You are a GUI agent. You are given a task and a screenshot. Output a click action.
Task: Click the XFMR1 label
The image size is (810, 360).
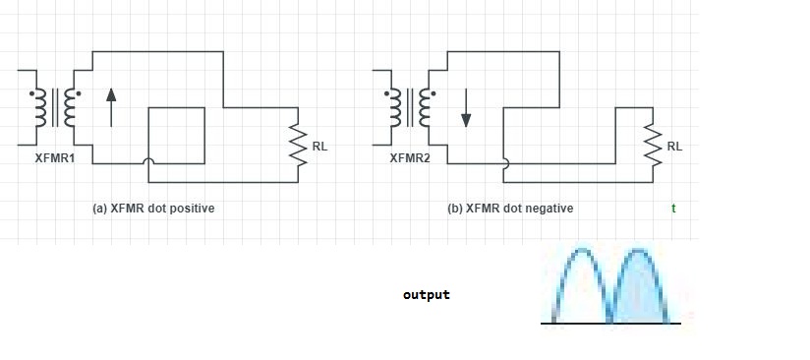click(55, 158)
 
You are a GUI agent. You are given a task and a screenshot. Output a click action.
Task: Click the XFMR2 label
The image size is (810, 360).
click(410, 158)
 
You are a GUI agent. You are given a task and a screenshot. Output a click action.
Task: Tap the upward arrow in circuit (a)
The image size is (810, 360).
click(111, 107)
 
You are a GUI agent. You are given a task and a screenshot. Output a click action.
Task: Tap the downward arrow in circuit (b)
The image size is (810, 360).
click(466, 107)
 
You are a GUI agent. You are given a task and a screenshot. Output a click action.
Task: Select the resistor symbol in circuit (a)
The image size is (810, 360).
click(298, 145)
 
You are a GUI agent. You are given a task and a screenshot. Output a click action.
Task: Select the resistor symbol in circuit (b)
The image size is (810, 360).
click(653, 145)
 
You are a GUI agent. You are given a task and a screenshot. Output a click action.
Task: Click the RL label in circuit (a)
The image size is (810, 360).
click(319, 147)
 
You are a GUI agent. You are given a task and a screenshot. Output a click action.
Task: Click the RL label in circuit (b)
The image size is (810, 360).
click(674, 147)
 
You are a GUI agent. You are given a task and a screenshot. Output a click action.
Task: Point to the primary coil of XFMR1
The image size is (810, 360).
click(40, 107)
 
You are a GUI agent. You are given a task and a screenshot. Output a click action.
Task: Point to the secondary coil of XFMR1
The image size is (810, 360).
click(69, 107)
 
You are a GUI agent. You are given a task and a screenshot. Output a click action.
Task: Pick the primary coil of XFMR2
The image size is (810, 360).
click(395, 107)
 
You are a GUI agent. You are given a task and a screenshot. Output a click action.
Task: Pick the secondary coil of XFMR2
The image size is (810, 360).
click(424, 107)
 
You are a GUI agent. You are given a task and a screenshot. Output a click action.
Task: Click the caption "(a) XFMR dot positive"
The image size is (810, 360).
click(153, 209)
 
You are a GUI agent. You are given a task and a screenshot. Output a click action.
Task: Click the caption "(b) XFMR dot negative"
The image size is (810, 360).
click(510, 209)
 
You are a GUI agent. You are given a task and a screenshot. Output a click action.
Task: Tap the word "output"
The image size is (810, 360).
click(427, 295)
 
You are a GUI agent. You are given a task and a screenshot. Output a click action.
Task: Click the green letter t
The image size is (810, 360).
click(673, 209)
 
